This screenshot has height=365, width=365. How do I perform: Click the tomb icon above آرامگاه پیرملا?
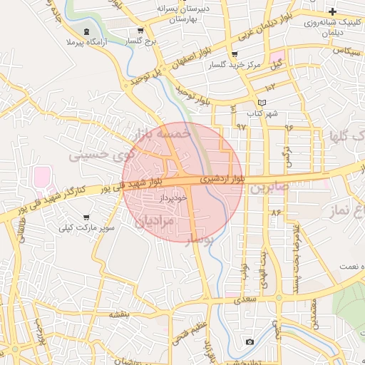pos(87,31)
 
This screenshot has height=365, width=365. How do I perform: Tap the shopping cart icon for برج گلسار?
pos(140,31)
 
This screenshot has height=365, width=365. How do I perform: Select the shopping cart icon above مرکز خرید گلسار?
pos(235,54)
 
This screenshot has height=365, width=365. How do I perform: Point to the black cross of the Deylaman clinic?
pos(333,11)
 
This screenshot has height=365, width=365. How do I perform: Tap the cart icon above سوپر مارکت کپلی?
pos(87,217)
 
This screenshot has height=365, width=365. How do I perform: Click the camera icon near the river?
pos(250,342)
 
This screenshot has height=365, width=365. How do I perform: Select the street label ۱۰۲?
pos(269,87)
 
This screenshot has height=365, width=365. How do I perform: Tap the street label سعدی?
pos(245,300)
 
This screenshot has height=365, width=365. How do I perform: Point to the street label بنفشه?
pos(118,314)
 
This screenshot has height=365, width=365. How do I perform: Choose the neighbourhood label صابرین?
pos(267,188)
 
